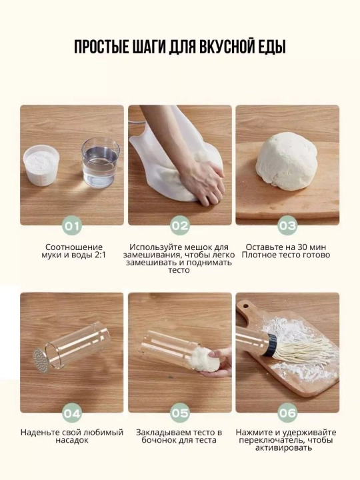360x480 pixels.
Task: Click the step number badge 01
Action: pos(72,226)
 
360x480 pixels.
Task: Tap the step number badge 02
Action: pos(180,226)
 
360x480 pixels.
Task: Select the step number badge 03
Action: pos(288,226)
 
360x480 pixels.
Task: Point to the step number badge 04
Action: pos(72,413)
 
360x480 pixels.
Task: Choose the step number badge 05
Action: pos(180,413)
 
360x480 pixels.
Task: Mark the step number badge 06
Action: pos(288,413)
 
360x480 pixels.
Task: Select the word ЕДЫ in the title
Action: pos(271,48)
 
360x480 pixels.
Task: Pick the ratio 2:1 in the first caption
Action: pos(97,255)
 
